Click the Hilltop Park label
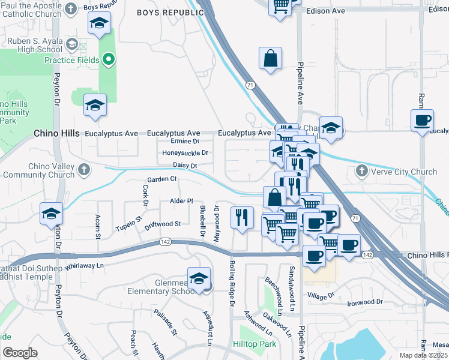(x=254, y=344)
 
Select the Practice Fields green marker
(x=109, y=59)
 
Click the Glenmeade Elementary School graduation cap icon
(x=199, y=278)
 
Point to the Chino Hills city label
(x=56, y=133)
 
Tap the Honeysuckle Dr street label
(x=185, y=152)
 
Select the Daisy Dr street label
(x=185, y=164)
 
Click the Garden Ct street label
(x=162, y=179)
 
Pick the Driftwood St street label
(x=163, y=224)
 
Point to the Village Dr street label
(x=321, y=296)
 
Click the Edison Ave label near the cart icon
(x=325, y=11)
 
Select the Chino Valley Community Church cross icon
(x=83, y=170)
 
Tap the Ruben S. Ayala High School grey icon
(x=72, y=44)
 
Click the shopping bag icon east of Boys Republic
(x=271, y=58)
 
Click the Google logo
(x=20, y=353)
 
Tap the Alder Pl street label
(x=181, y=201)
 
